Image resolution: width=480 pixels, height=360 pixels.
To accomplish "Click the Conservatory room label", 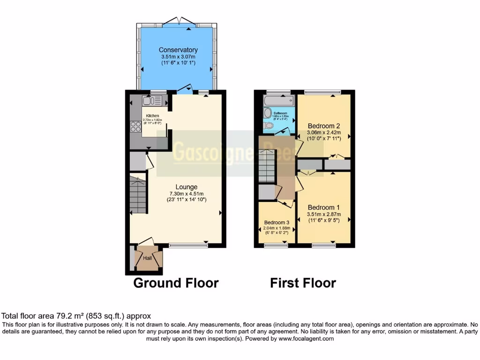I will (178, 50).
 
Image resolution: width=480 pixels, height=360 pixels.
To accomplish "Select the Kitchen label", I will (152, 116).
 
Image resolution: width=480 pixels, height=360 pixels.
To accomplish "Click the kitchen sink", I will (151, 100).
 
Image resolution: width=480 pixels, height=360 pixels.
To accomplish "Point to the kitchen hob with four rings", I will (135, 127).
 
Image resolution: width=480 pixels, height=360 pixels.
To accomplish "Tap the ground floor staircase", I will (138, 194).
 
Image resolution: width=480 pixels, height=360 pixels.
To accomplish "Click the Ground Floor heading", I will (176, 283).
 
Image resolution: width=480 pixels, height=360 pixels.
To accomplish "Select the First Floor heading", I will (303, 283).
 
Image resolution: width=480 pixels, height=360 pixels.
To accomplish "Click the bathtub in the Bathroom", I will (278, 101).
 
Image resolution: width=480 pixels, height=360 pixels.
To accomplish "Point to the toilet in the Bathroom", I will (269, 126).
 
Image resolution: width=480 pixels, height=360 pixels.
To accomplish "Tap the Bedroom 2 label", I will (324, 126).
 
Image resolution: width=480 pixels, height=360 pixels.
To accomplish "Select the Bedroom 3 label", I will (277, 222).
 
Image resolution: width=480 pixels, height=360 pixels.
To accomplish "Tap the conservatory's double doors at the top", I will (179, 23).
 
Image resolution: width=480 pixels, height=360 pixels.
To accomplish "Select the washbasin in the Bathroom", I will (268, 112).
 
